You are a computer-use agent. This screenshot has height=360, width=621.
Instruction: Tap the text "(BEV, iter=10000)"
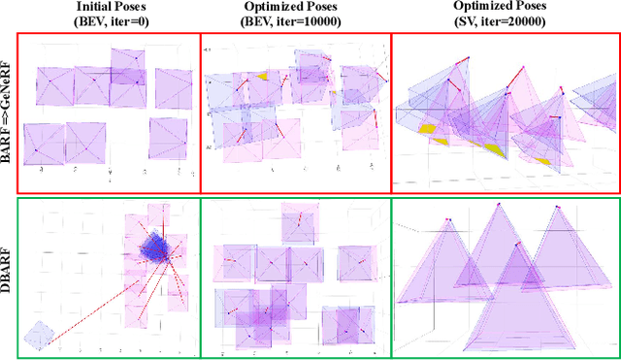[296, 20]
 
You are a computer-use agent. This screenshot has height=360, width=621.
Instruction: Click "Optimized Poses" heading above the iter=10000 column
[296, 6]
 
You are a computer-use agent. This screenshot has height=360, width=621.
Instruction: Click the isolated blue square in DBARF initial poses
[39, 335]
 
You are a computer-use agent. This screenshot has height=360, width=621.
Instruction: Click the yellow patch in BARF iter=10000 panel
[262, 76]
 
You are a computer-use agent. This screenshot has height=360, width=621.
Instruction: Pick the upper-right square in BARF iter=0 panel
[173, 88]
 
